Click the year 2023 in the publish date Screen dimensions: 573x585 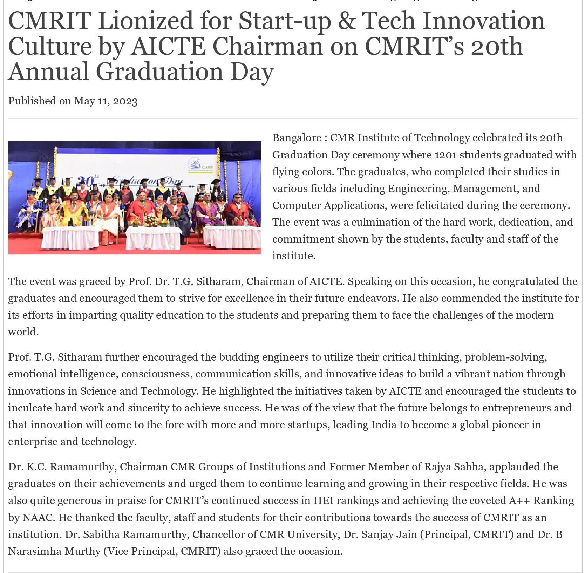tap(125, 101)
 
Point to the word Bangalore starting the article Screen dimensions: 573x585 tap(297, 138)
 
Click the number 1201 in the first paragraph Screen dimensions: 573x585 tap(445, 155)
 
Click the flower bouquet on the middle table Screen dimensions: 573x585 tap(152, 221)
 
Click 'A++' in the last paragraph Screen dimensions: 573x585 tap(519, 500)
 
